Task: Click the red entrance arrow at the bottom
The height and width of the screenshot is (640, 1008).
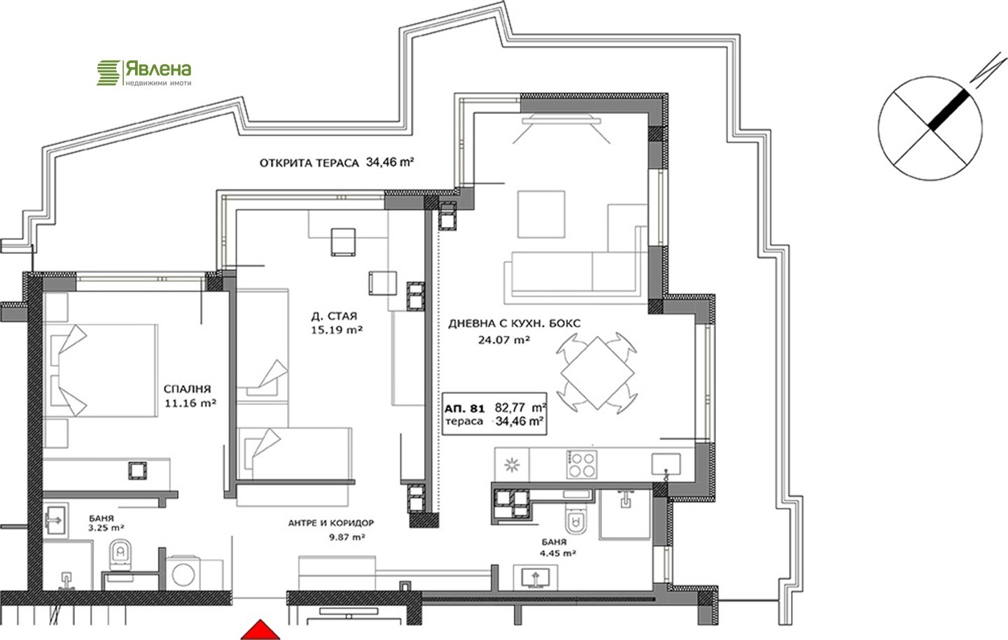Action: pyautogui.click(x=260, y=630)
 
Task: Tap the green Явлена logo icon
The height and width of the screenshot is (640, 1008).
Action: pyautogui.click(x=108, y=73)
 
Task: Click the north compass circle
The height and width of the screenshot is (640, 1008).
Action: pyautogui.click(x=930, y=128)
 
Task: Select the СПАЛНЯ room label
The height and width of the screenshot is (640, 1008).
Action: pyautogui.click(x=187, y=389)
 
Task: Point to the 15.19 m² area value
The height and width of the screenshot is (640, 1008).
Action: pyautogui.click(x=337, y=330)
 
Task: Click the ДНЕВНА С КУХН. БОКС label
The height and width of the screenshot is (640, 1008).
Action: pyautogui.click(x=514, y=323)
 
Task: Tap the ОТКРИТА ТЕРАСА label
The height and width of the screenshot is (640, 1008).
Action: pyautogui.click(x=309, y=163)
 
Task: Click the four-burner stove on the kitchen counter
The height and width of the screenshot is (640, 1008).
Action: pyautogui.click(x=582, y=464)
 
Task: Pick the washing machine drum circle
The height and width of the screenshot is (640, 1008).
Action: pyautogui.click(x=183, y=574)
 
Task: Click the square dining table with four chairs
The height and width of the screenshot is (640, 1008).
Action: pyautogui.click(x=596, y=373)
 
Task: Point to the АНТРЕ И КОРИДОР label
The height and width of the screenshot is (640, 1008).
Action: pyautogui.click(x=330, y=523)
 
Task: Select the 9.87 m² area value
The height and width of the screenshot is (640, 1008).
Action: pyautogui.click(x=346, y=537)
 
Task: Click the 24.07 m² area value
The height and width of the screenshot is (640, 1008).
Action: pyautogui.click(x=504, y=340)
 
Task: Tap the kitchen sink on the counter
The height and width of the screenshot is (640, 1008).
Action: pyautogui.click(x=666, y=464)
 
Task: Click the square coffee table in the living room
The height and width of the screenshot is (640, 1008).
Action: pyautogui.click(x=541, y=214)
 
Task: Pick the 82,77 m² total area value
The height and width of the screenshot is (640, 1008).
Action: pyautogui.click(x=521, y=408)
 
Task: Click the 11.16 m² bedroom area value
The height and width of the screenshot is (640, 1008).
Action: pyautogui.click(x=190, y=403)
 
